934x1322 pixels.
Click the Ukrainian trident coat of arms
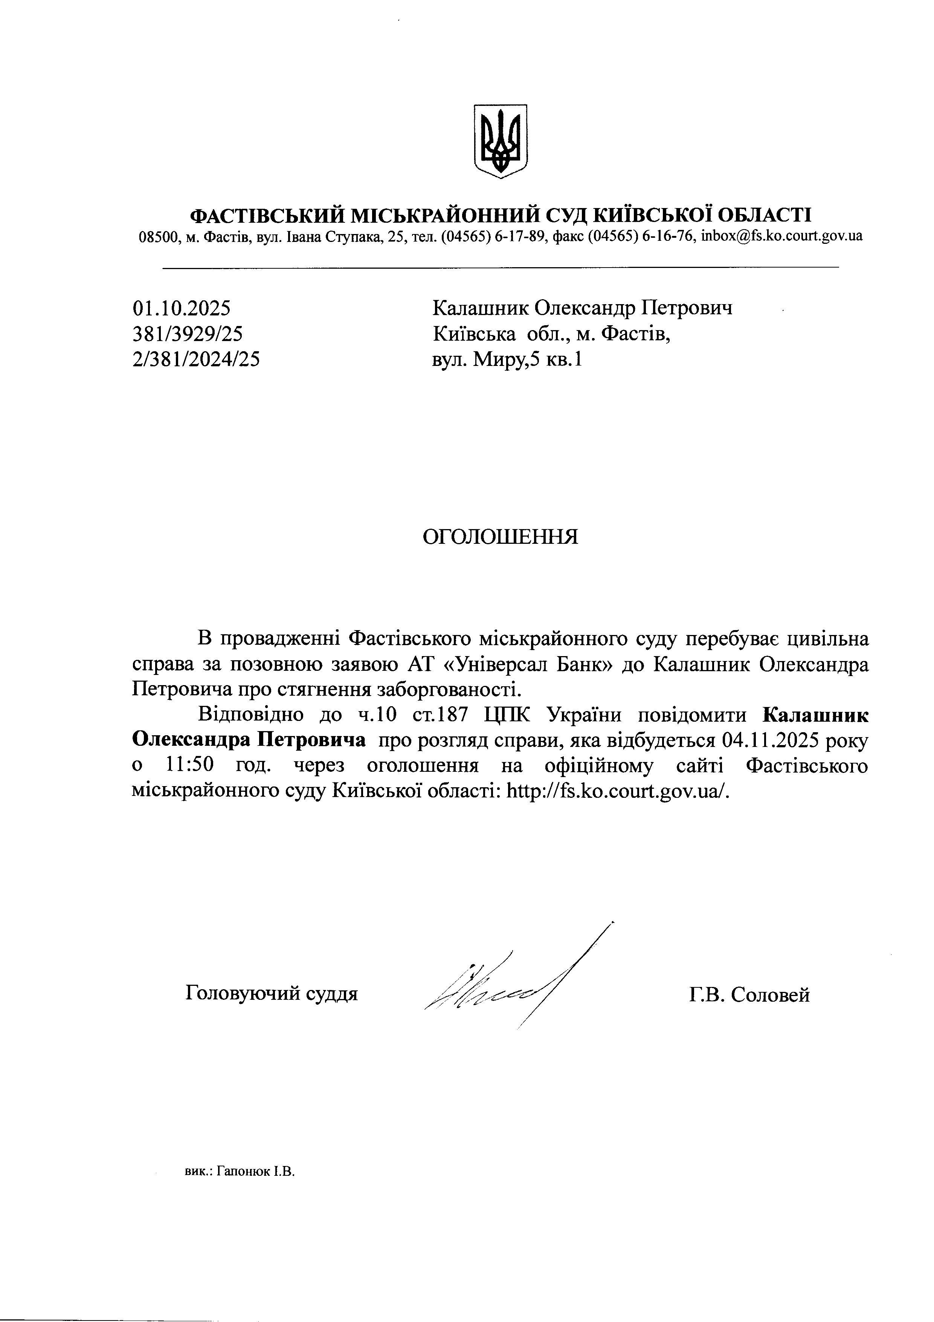click(x=500, y=141)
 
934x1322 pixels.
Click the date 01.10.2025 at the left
click(x=181, y=309)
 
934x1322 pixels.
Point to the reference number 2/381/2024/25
click(x=196, y=359)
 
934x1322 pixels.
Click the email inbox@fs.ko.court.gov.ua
click(x=781, y=236)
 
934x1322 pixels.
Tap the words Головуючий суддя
click(x=272, y=993)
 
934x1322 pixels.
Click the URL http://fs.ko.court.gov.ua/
click(x=618, y=792)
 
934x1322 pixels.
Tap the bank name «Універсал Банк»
click(x=529, y=664)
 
